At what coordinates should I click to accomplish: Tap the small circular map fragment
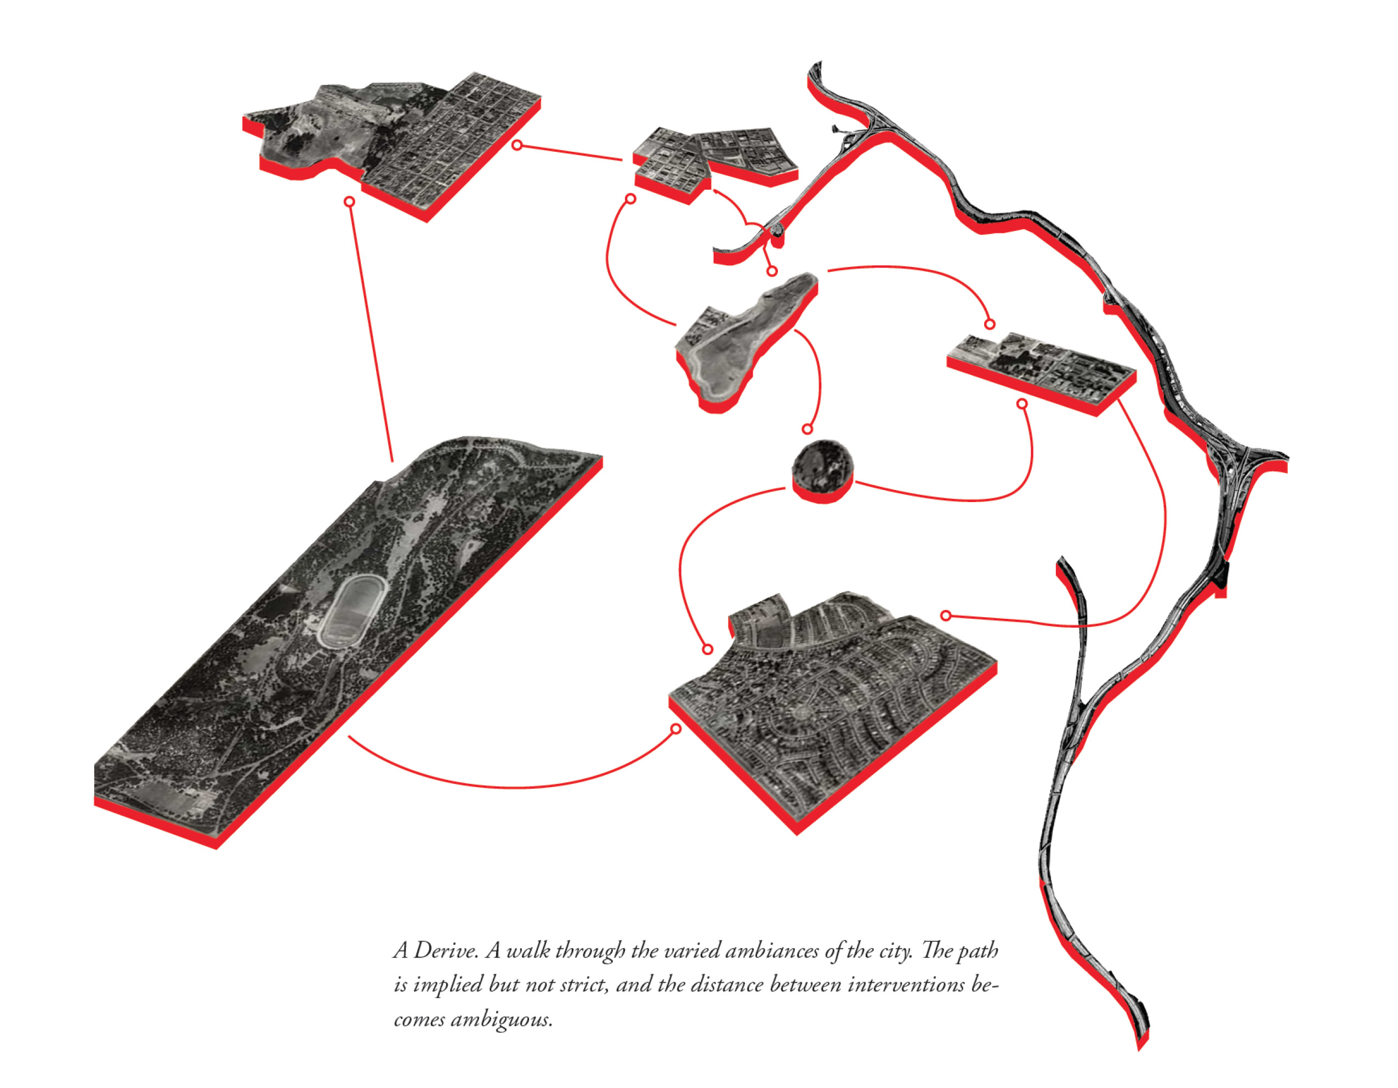822,471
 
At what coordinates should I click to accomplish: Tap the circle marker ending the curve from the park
675,729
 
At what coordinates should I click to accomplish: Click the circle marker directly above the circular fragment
807,429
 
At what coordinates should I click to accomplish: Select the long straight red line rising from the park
371,332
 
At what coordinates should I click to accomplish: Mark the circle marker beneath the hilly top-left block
349,202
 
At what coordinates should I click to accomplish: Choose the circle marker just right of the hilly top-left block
517,145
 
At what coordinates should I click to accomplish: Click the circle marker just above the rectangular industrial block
989,324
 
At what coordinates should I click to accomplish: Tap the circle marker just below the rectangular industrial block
1022,404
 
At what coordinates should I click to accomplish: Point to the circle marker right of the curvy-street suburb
946,616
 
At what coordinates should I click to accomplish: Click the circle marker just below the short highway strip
772,271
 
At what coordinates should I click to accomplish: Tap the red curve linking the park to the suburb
512,786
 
